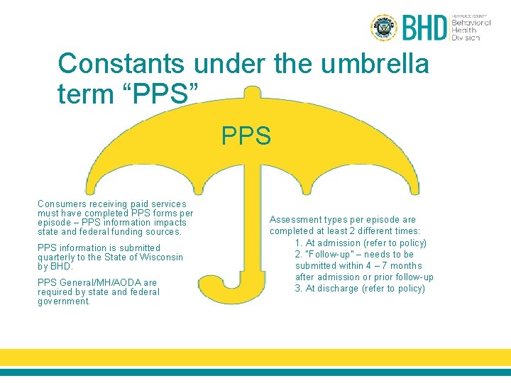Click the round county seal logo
click(x=384, y=28)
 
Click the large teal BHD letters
click(x=425, y=28)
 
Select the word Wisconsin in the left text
click(x=160, y=257)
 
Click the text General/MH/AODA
click(x=99, y=283)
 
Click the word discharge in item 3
click(x=337, y=289)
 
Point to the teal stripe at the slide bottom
click(x=255, y=372)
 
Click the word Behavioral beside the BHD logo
click(x=471, y=22)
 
